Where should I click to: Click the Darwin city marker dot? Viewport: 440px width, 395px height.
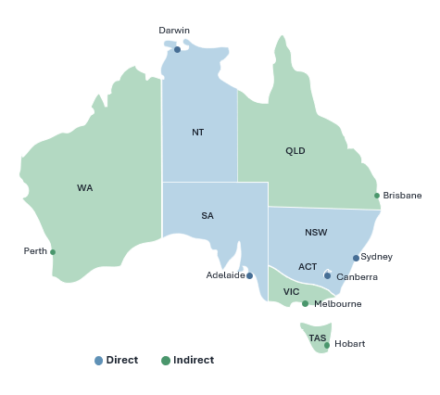[x=177, y=49]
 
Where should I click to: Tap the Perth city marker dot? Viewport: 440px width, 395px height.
[x=53, y=251]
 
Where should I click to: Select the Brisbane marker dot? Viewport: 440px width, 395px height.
[x=377, y=196]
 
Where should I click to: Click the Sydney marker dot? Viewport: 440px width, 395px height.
[x=356, y=258]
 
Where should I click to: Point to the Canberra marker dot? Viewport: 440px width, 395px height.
[x=327, y=275]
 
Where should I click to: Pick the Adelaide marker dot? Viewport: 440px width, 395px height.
[x=249, y=275]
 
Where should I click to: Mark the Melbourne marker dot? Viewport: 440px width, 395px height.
[x=305, y=303]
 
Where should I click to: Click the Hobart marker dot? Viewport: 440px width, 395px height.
[x=327, y=345]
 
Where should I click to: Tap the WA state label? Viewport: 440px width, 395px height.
[x=84, y=188]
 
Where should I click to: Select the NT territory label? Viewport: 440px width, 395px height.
[x=197, y=133]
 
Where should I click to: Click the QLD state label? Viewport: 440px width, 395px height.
[x=295, y=151]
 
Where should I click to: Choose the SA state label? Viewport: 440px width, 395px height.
[x=207, y=216]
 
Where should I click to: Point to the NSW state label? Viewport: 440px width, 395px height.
[x=316, y=233]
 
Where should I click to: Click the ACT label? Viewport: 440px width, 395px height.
[x=308, y=267]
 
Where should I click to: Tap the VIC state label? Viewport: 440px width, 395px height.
[x=291, y=292]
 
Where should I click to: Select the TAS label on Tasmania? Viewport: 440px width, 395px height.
[x=317, y=338]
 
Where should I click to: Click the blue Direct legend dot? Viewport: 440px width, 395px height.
[x=99, y=361]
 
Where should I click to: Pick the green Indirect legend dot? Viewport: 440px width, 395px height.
[x=166, y=361]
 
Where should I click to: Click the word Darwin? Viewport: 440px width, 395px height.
[x=174, y=31]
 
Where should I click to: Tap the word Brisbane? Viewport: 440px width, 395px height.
[x=402, y=196]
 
